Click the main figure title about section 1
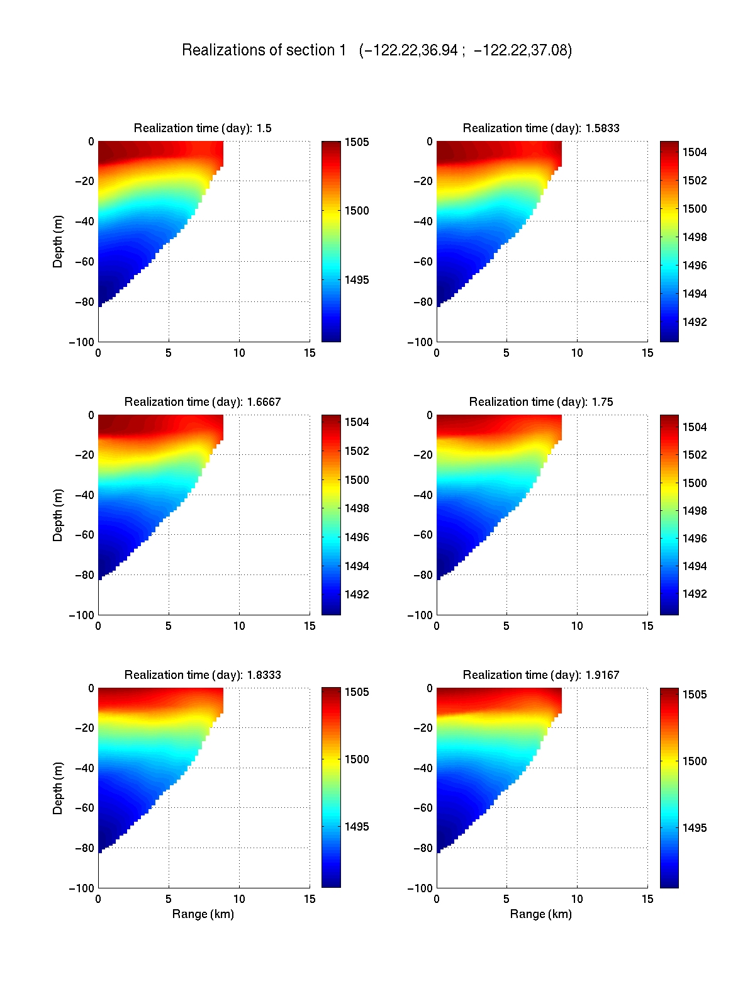(x=377, y=50)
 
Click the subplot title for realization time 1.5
(x=203, y=128)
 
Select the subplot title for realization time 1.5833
(x=541, y=128)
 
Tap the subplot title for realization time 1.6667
(x=203, y=402)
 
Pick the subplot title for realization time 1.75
(x=541, y=402)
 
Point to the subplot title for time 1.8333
(x=203, y=675)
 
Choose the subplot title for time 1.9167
(x=541, y=675)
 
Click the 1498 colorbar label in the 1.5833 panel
(x=695, y=237)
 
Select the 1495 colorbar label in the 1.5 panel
(x=357, y=280)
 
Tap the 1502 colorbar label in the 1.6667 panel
(x=357, y=451)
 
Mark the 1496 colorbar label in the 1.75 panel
(x=695, y=539)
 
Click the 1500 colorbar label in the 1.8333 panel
(x=357, y=759)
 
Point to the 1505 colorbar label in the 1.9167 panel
(x=695, y=695)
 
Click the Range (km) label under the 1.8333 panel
(x=203, y=914)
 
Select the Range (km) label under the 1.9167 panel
(x=541, y=914)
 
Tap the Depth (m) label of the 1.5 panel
(x=58, y=242)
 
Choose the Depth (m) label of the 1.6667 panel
(x=58, y=515)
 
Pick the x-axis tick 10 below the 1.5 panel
(x=239, y=353)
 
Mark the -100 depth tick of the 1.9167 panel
(x=420, y=888)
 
